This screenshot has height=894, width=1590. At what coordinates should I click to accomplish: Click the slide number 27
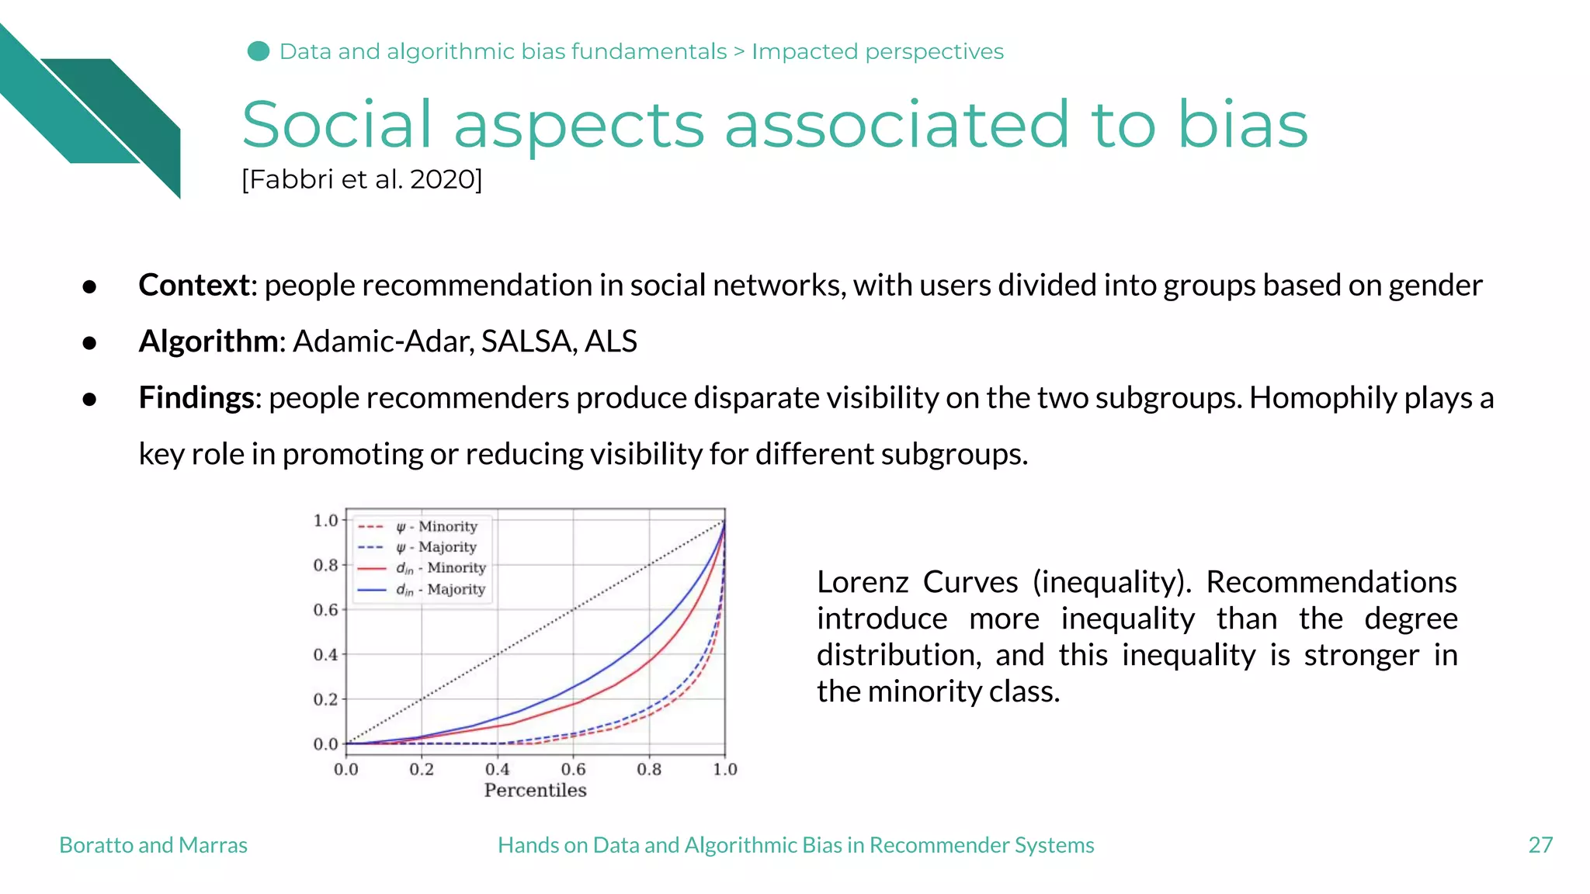click(x=1540, y=845)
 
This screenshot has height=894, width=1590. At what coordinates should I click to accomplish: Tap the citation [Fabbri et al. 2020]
click(x=362, y=180)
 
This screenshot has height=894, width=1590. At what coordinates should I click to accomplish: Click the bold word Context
click(x=194, y=286)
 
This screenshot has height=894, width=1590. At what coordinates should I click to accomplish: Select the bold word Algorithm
click(x=208, y=341)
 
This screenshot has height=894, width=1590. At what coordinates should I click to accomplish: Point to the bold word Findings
click(x=196, y=398)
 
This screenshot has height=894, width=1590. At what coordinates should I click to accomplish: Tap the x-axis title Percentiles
click(x=535, y=791)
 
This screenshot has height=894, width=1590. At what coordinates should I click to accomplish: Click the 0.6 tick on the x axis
click(x=573, y=769)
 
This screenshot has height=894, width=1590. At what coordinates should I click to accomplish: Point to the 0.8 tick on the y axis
click(x=326, y=565)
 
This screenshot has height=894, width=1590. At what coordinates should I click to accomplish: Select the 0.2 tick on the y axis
click(x=326, y=699)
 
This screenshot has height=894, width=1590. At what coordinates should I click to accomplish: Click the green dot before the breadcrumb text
click(x=259, y=51)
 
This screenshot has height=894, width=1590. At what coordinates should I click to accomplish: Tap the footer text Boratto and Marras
click(x=153, y=845)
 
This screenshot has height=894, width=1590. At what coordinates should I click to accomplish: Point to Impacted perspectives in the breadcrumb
click(x=877, y=51)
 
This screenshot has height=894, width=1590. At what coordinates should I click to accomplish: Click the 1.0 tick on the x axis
click(x=724, y=769)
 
